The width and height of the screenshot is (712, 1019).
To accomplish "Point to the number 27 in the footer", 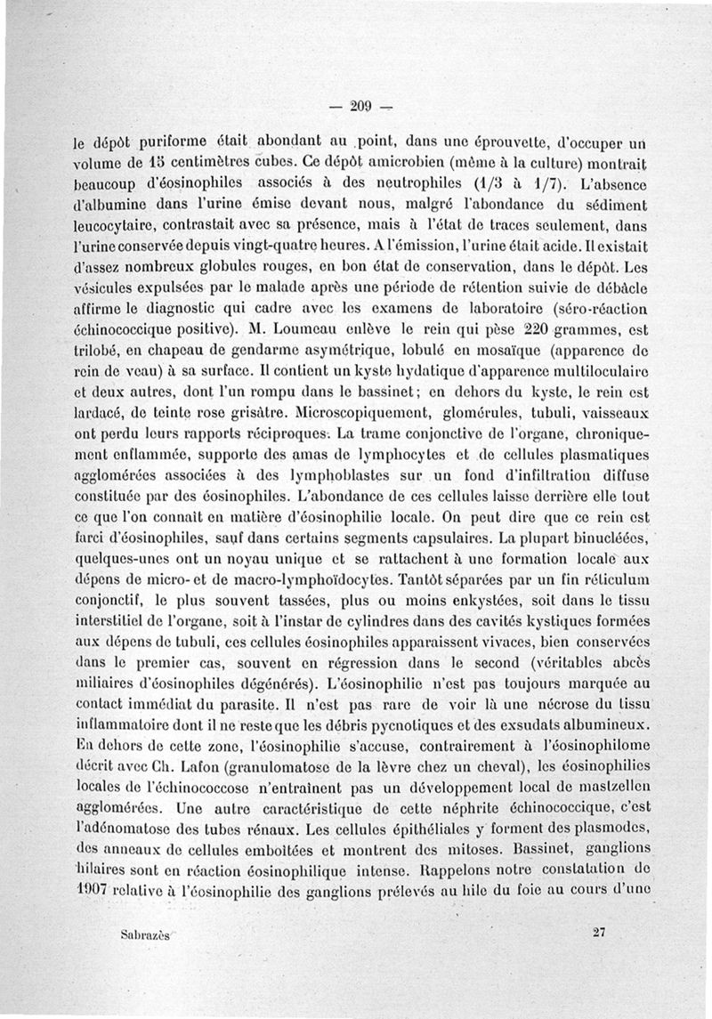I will (x=598, y=932).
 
